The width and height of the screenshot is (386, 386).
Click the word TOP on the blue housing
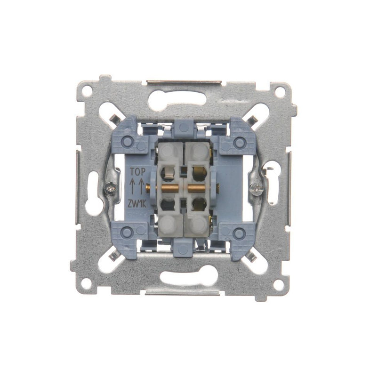pos(137,172)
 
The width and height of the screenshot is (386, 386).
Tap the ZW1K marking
pos(137,204)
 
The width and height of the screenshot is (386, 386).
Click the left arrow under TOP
pos(132,186)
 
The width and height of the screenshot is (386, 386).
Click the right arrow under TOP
pos(141,186)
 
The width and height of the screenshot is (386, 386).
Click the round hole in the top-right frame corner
pos(280,92)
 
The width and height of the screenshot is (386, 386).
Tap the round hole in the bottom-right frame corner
pos(278,285)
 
